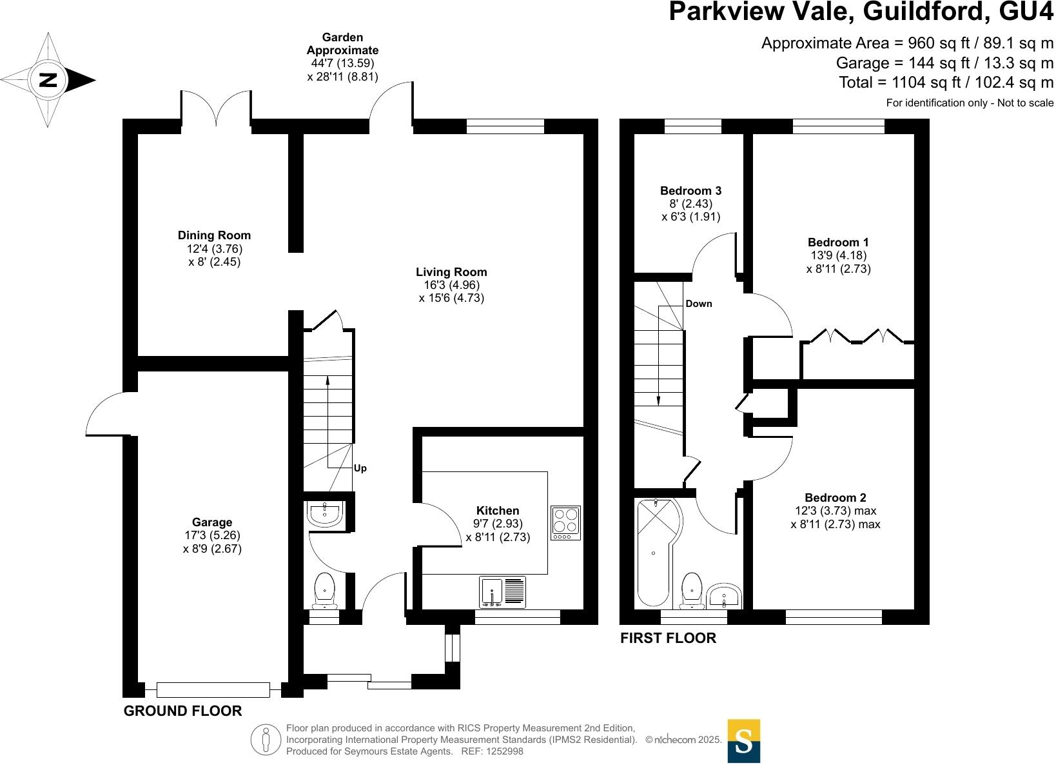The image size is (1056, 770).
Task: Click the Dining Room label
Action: point(214,235)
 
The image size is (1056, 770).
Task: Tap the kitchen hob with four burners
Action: point(565,522)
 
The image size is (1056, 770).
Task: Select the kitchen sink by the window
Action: point(503,592)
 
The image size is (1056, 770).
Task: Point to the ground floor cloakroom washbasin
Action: point(325,513)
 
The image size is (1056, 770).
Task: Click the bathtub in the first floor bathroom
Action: point(654,553)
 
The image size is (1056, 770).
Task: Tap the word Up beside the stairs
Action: point(360,468)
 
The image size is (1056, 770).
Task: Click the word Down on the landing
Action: point(698,304)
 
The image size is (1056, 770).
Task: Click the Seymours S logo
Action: point(743,740)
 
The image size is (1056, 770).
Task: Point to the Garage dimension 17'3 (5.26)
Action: point(211,535)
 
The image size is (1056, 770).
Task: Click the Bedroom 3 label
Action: point(690,191)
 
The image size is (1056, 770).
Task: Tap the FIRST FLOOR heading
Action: point(668,638)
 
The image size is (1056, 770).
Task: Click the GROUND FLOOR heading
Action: point(182,711)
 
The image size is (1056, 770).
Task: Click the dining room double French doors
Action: point(216,106)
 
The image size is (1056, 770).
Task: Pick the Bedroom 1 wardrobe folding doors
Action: point(857,336)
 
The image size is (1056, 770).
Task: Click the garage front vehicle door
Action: point(213,689)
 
